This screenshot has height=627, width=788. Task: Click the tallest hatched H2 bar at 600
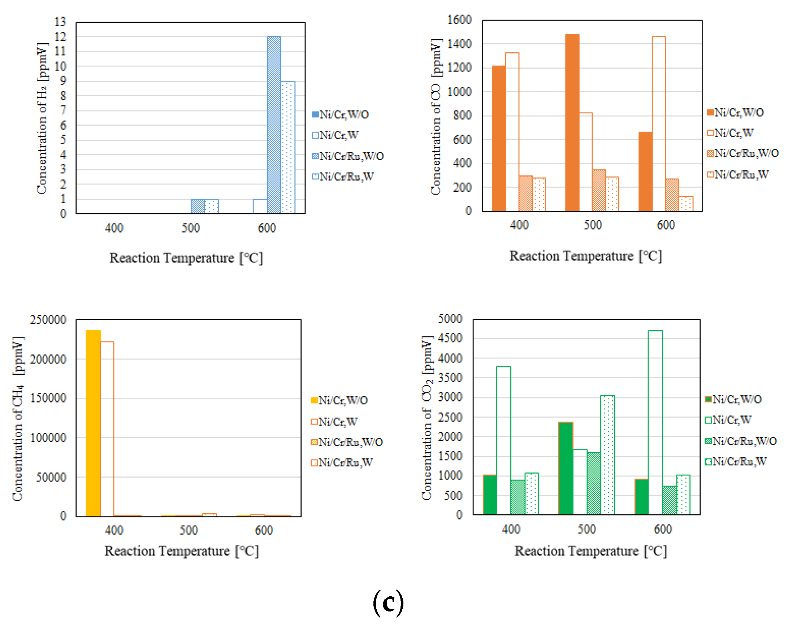pyautogui.click(x=274, y=124)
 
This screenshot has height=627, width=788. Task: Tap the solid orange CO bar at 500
pyautogui.click(x=572, y=122)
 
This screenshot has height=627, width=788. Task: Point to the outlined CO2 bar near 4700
pyautogui.click(x=655, y=422)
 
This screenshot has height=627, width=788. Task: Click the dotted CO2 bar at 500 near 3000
pyautogui.click(x=607, y=455)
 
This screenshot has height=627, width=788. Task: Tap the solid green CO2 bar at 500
pyautogui.click(x=566, y=468)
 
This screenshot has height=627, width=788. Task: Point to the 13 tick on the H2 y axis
pyautogui.click(x=60, y=22)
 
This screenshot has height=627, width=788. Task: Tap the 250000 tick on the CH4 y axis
pyautogui.click(x=48, y=319)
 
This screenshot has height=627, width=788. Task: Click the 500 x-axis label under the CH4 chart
pyautogui.click(x=188, y=530)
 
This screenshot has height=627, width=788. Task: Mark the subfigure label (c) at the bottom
pyautogui.click(x=388, y=602)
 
